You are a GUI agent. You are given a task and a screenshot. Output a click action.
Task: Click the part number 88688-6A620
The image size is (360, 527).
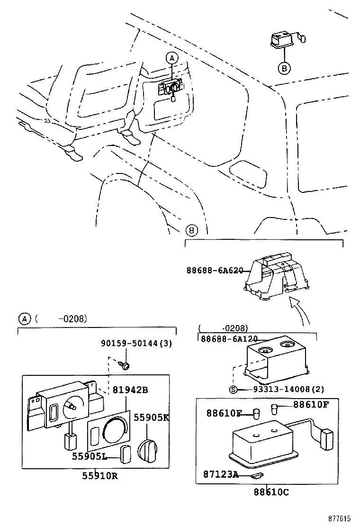tap(215, 271)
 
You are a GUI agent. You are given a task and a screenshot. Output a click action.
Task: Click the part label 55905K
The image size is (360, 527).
tap(151, 418)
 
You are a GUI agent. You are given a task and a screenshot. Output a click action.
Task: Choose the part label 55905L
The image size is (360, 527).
tap(89, 456)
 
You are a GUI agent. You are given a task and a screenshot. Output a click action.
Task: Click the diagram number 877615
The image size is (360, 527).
tap(342, 519)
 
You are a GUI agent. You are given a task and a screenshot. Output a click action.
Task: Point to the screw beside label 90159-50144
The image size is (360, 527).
tap(126, 365)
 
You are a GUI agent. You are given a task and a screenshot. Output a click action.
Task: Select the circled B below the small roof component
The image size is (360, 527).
tap(283, 68)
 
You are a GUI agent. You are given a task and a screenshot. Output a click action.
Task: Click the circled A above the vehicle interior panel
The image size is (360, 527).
tap(171, 58)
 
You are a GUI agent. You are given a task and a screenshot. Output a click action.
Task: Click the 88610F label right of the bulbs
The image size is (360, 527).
tap(311, 404)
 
